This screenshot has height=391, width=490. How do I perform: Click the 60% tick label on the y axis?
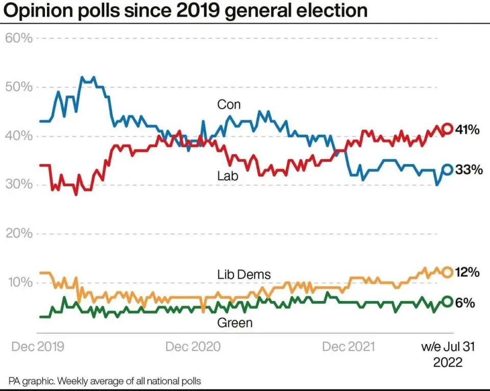pos(19,38)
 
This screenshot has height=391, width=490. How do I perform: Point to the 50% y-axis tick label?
pos(19,87)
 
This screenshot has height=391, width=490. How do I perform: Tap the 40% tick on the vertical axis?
pos(19,136)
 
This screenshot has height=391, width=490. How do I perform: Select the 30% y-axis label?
pos(19,185)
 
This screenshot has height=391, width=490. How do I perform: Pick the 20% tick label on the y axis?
pos(19,234)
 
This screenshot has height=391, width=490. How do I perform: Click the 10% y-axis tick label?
pos(19,282)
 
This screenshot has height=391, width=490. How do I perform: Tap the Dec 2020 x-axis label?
pos(193,347)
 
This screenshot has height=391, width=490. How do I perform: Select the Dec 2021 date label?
pos(349,347)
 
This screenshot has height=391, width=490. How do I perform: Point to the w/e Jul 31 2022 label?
pos(448,354)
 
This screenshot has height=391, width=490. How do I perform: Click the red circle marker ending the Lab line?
pos(447,129)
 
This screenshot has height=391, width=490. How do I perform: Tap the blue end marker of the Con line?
pos(447,170)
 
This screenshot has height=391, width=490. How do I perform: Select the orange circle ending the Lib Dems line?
pos(447,272)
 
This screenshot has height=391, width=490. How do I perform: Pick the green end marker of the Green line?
pos(447,302)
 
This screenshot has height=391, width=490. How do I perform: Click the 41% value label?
pos(468,130)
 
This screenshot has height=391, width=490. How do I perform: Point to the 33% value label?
pos(469,170)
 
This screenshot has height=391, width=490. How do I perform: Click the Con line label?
pos(229,105)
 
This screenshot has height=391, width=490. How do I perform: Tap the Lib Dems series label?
pos(244,275)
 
